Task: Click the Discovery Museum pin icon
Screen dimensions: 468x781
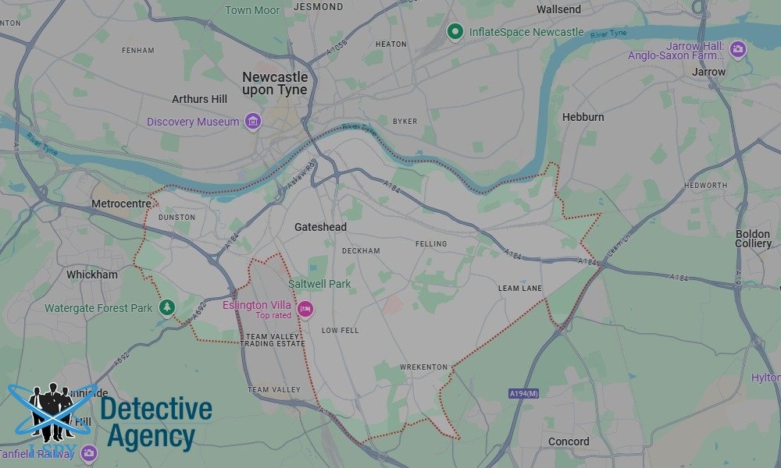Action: (252, 122)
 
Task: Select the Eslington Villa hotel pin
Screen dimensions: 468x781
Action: (305, 310)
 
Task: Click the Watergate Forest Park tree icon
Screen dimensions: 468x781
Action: (166, 308)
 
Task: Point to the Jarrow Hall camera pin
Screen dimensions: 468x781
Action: (737, 50)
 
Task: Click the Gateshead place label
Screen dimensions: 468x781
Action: (320, 227)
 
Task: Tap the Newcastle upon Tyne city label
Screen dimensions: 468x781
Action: (275, 83)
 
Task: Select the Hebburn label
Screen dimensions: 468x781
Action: (583, 117)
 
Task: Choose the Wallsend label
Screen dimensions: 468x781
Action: (558, 9)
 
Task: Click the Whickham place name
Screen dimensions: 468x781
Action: (92, 275)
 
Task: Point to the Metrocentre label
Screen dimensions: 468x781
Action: (121, 204)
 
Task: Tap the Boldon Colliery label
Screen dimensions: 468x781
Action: (753, 239)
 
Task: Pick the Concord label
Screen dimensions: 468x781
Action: (569, 441)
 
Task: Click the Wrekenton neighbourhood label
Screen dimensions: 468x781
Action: (423, 367)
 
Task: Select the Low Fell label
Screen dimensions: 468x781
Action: (340, 331)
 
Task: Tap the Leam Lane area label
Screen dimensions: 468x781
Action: (520, 289)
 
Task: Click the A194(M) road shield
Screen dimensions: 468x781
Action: (522, 393)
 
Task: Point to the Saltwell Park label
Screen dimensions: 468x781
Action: (319, 284)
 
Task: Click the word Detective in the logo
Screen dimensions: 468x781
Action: (156, 409)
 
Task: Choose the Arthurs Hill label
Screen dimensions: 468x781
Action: (200, 99)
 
